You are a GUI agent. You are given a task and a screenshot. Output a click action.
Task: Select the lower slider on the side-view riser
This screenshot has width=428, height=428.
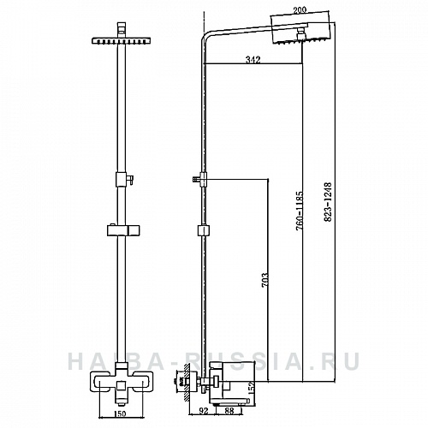pos(203,230)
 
